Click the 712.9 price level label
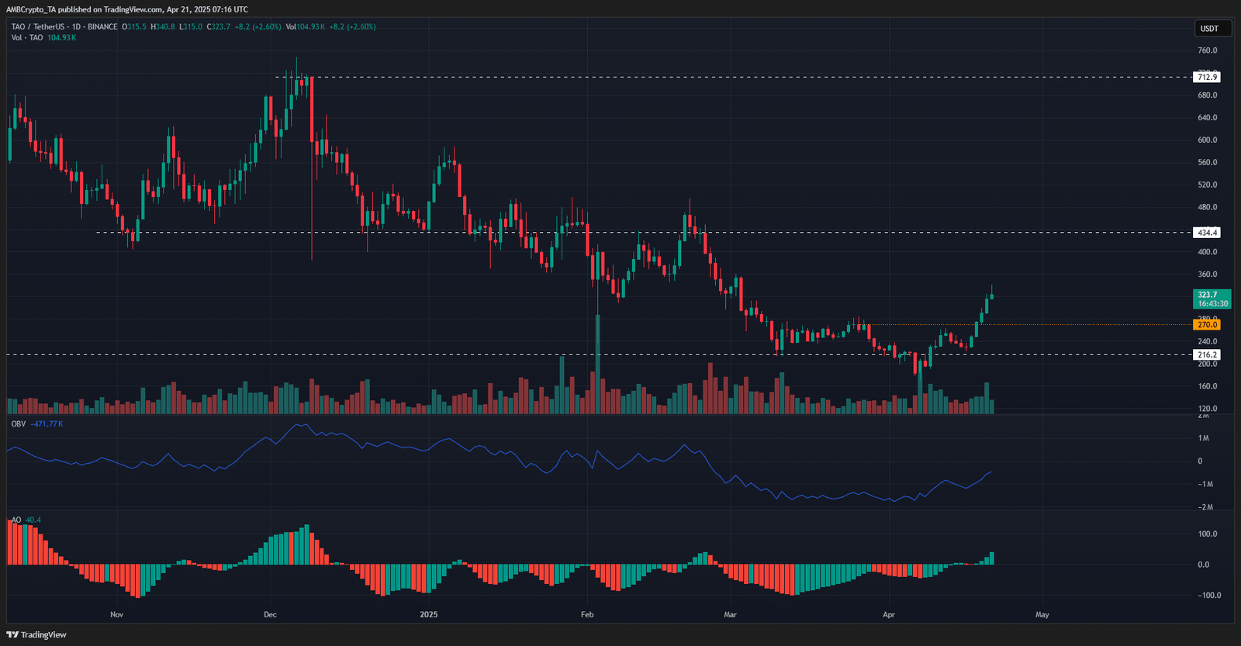(1207, 77)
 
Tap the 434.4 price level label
(1207, 233)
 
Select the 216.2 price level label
(1207, 354)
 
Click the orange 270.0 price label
(1207, 325)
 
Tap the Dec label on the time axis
(270, 615)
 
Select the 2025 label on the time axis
(428, 615)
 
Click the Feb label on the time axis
(587, 615)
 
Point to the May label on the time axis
(1042, 615)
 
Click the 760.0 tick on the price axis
(1207, 50)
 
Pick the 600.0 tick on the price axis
(1207, 140)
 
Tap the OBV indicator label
(19, 424)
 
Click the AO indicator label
(16, 520)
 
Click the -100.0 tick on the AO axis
(1208, 596)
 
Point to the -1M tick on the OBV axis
(1205, 484)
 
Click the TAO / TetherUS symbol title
(38, 27)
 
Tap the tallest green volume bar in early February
(598, 364)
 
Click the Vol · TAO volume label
(27, 38)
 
